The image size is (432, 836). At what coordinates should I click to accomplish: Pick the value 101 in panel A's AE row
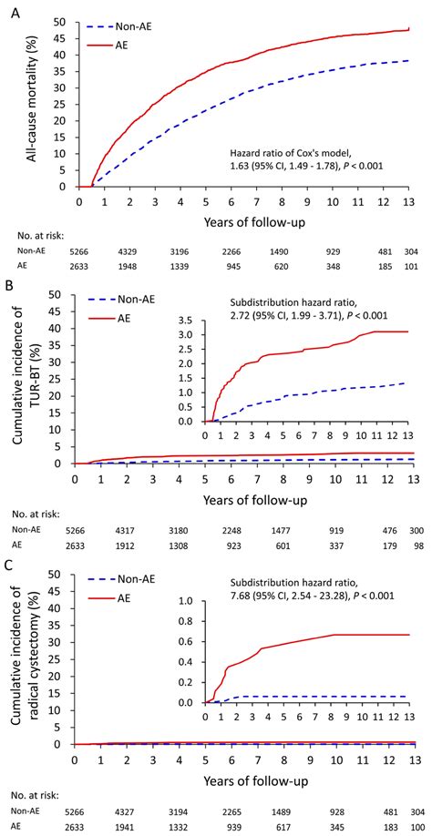412,268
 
